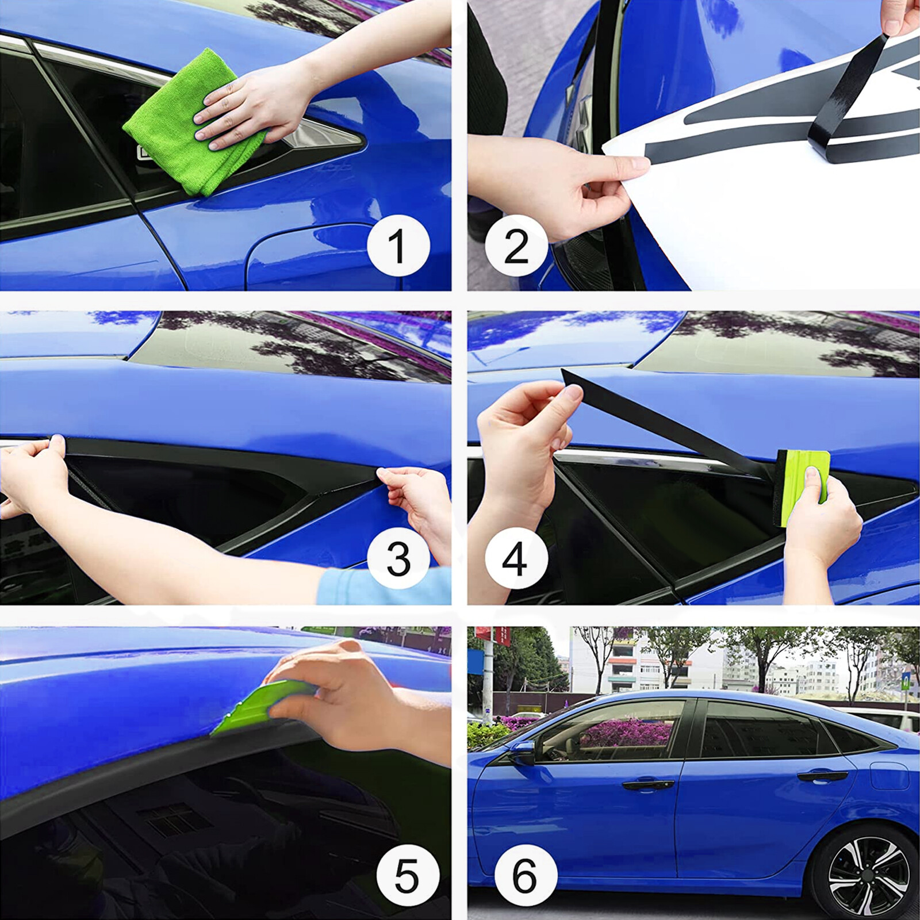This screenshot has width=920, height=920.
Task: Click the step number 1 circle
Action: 398,246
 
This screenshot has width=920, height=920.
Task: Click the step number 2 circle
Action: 516,246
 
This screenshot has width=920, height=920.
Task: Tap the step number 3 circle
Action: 398,557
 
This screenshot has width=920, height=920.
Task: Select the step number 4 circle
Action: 516,557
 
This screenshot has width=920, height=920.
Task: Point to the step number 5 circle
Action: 407,876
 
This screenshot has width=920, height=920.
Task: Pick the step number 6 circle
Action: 525,876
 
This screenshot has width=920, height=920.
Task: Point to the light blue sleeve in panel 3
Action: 379,586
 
